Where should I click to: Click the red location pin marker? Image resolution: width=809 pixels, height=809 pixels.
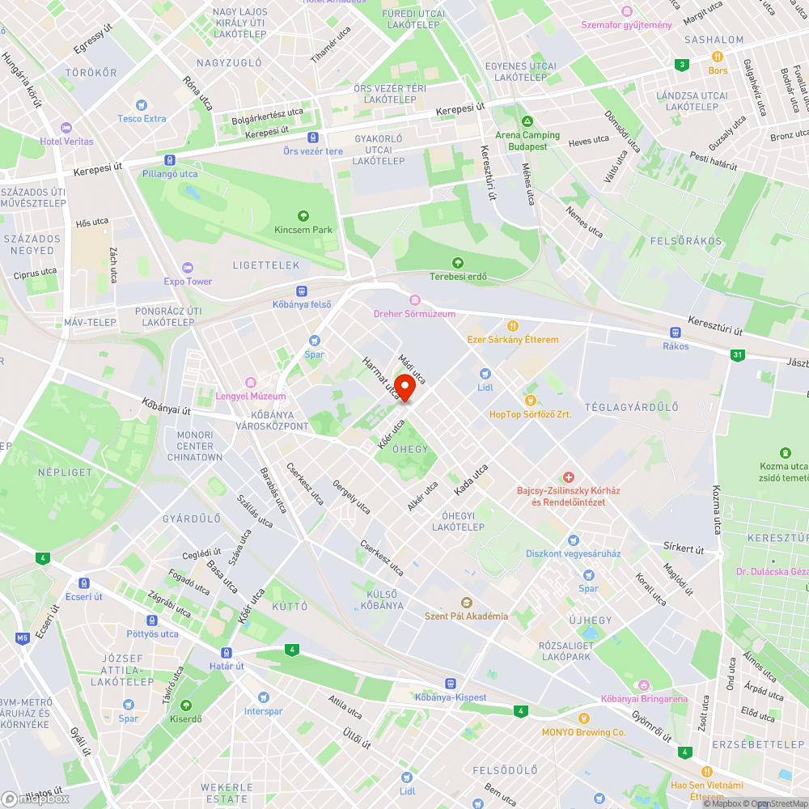404,388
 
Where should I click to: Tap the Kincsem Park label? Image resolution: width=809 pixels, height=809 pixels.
303,230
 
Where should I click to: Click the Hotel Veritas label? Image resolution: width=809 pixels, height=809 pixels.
66,141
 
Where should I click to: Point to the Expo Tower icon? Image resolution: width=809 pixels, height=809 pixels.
188,267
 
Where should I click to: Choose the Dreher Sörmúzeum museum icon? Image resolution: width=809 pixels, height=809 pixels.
414,300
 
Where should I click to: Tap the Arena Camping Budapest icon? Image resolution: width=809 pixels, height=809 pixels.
527,121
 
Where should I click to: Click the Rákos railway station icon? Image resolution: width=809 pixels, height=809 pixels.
676,332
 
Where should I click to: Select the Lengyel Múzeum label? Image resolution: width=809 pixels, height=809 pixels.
251,396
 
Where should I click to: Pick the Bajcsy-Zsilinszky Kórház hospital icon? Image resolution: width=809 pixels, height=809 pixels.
569,478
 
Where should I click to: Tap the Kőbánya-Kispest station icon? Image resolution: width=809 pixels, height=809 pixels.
450,683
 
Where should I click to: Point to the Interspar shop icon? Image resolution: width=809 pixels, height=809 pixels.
263,697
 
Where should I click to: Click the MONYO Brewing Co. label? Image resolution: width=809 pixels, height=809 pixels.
584,732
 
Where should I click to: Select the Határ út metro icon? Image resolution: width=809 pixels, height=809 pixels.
227,652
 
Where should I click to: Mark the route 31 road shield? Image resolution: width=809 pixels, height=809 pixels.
736,354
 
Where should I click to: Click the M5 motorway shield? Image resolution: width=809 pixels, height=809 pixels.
22,638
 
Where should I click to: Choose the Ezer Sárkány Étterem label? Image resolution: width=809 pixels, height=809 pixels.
512,339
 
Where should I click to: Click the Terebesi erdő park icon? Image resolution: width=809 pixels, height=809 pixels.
458,263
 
